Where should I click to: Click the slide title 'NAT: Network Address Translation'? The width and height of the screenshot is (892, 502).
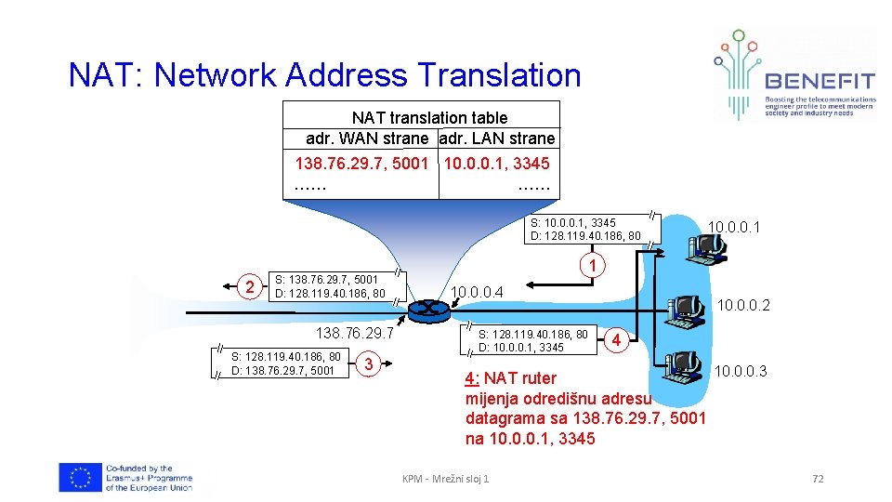324,74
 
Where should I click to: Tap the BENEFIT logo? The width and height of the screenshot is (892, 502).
794,74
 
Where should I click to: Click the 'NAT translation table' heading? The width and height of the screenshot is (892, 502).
429,118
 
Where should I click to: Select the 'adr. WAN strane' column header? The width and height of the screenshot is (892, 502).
367,139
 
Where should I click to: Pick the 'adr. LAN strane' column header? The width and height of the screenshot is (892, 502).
497,139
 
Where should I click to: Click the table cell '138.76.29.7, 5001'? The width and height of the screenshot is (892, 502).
361,164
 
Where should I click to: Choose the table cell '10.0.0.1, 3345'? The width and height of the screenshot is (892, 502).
497,164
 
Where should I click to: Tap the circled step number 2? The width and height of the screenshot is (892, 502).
248,285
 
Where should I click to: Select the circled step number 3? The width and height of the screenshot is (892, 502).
369,363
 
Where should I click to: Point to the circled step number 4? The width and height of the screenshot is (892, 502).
616,340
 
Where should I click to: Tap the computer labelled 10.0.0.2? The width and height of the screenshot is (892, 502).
689,308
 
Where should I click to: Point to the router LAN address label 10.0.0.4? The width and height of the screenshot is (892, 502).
477,293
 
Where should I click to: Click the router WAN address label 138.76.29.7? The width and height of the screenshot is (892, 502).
355,333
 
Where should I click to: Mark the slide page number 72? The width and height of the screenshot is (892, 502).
818,479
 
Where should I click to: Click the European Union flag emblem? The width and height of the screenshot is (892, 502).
79,477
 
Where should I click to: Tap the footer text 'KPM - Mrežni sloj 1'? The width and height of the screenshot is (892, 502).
446,479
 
